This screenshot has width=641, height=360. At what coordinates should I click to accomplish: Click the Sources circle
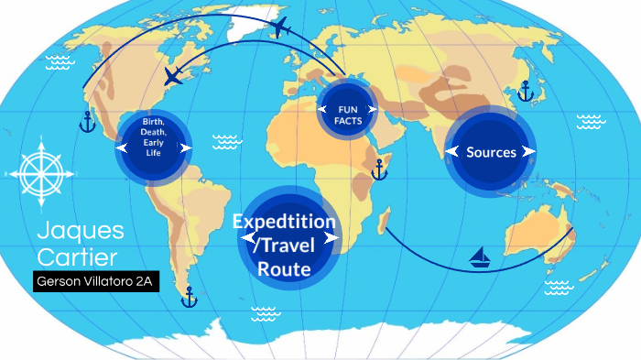point(491,152)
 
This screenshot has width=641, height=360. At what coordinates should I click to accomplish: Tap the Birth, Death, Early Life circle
point(153,147)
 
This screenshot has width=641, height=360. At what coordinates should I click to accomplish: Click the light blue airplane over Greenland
point(279,29)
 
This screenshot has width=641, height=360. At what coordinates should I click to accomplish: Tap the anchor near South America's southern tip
point(190,296)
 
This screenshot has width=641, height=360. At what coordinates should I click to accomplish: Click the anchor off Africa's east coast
point(378,169)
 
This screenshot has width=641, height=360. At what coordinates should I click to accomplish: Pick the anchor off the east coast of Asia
point(525,91)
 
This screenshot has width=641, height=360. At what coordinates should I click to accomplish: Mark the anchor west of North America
point(87,122)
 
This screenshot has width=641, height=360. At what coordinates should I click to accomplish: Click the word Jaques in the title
point(81,230)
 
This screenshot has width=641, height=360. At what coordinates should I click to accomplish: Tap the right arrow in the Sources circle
point(527,152)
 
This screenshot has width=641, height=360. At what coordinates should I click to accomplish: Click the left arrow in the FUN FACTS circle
point(322,109)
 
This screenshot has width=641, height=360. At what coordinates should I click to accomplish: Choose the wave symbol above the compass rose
point(60,61)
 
